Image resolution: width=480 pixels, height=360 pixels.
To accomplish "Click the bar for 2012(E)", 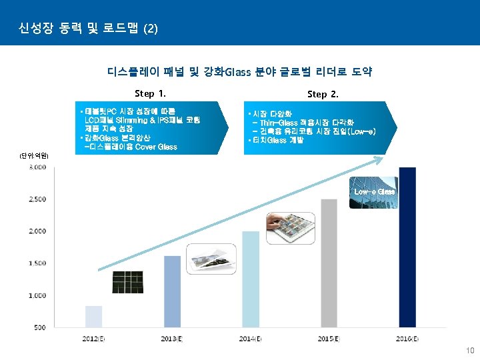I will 94,317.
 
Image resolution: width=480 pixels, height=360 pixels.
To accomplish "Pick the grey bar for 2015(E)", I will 329,263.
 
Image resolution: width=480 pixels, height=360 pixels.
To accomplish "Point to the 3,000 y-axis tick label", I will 37,167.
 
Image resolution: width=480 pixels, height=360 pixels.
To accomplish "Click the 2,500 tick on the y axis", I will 37,199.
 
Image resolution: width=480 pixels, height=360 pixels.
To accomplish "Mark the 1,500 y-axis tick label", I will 37,263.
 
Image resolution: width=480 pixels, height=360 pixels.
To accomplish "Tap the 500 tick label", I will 39,327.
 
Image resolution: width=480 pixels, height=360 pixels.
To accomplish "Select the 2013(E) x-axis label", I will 171,339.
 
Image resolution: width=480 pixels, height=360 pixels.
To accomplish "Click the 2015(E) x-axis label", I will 328,339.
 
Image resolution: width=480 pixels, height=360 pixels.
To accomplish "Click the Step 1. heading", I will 150,93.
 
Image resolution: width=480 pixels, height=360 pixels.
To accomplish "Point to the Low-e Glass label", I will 374,191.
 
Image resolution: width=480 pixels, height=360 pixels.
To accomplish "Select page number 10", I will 470,350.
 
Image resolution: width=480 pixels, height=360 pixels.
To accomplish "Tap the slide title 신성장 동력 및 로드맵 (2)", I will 89,29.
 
